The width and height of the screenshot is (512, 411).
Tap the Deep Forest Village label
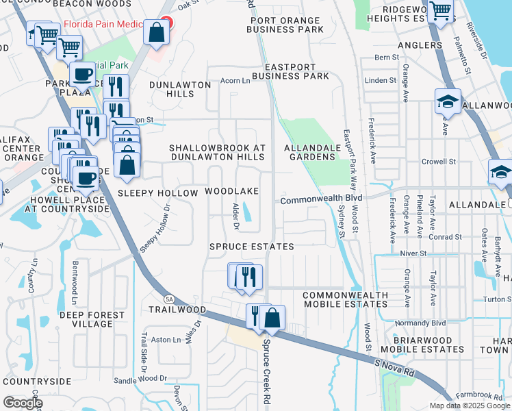(90, 319)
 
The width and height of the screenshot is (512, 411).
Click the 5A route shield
(168, 299)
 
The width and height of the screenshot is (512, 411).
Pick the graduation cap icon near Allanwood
(448, 102)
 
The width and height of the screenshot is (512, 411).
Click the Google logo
(23, 402)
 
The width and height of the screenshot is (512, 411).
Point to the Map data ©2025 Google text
(470, 406)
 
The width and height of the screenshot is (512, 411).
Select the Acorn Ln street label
(235, 81)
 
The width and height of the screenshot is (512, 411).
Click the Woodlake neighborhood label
(232, 192)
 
